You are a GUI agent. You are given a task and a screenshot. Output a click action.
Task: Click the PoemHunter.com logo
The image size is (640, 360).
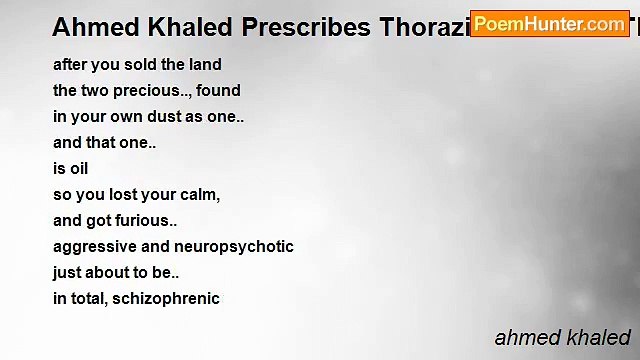point(549,24)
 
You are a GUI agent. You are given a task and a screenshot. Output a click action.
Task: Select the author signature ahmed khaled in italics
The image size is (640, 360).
point(563,337)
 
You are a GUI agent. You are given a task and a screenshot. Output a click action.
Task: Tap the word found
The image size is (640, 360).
point(218,91)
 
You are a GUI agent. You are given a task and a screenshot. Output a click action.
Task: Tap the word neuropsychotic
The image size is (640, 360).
point(234,247)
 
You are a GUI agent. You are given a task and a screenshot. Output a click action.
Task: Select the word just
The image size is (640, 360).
point(68,273)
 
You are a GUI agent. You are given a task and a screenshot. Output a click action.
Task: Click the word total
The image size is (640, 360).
point(91,299)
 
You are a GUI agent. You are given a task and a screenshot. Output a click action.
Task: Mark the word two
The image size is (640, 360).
point(96,91)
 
